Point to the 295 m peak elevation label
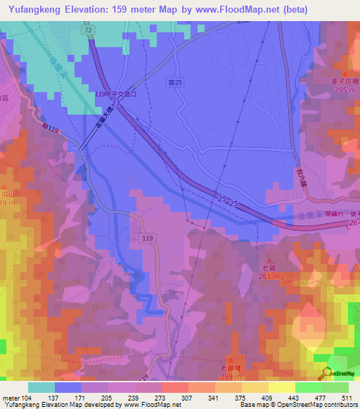pyautogui.click(x=345, y=91)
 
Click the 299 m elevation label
pyautogui.click(x=231, y=378)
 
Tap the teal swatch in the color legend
pyautogui.click(x=41, y=387)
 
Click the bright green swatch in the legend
pyautogui.click(x=309, y=387)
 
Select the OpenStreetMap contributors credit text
pyautogui.click(x=314, y=405)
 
